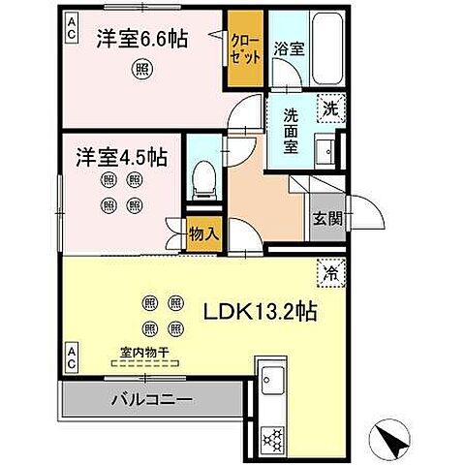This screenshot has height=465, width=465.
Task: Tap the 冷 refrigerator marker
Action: tap(329, 274)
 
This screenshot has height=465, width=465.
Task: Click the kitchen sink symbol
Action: tap(272, 379)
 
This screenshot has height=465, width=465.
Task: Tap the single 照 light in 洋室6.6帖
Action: tap(142, 68)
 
